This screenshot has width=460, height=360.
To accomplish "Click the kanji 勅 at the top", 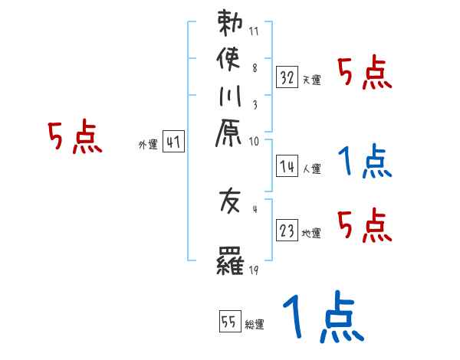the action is [230, 25].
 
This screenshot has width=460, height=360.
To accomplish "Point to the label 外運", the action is [148, 144].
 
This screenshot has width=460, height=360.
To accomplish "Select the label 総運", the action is [255, 325].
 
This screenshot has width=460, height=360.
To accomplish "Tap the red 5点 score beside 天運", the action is [365, 74].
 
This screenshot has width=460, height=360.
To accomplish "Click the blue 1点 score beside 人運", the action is [365, 161].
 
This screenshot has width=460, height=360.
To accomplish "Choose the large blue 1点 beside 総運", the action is [322, 318].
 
